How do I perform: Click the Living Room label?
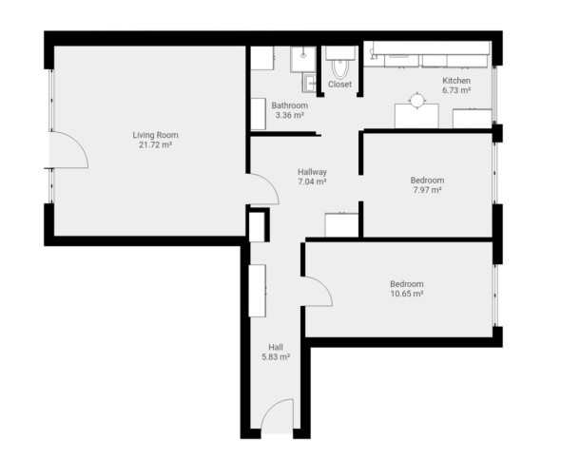coord(155,135)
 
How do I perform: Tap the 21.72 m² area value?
coord(155,145)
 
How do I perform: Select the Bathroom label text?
coord(289,105)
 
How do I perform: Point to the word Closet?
coord(339,85)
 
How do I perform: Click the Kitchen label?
coord(456,81)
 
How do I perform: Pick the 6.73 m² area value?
coord(456,90)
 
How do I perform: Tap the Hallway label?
coord(312,172)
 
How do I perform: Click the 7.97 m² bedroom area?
coord(427,190)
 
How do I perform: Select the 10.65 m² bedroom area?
coord(407,294)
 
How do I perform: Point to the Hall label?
coord(276,347)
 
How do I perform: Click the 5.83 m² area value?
coord(276,356)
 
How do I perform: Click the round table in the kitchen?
coord(416,100)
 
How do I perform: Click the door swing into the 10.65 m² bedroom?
coord(323,285)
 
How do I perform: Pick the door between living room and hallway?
coord(269,182)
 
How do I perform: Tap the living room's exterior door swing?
coord(78,142)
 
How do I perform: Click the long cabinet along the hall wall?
coord(258,291)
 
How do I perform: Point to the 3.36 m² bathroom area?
coord(289,115)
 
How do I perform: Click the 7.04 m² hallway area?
coord(312,182)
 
